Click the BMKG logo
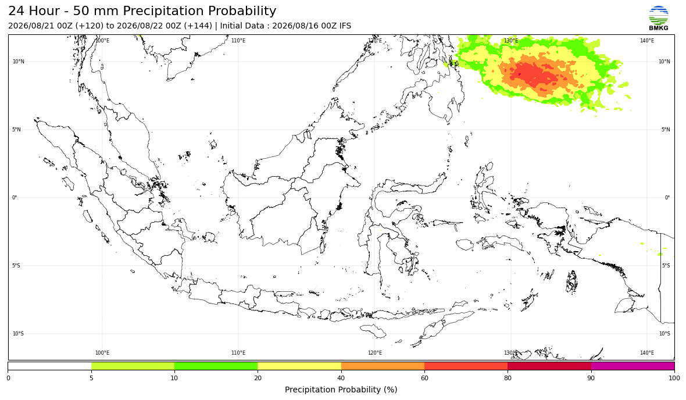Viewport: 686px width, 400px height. tap(659, 19)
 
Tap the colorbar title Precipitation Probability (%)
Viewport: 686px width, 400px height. tap(341, 390)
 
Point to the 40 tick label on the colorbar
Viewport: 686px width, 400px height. tap(341, 378)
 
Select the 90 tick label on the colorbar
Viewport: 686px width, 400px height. tap(591, 378)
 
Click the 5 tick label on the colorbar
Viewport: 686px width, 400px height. tap(91, 378)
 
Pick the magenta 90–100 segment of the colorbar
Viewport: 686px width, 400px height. tap(633, 366)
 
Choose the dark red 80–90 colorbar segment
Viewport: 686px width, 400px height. tap(549, 366)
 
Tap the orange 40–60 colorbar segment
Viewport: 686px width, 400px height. tap(383, 366)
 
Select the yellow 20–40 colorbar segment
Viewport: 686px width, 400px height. tap(299, 366)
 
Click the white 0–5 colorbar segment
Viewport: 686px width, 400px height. tap(49, 366)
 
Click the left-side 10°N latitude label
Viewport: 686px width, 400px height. tap(19, 62)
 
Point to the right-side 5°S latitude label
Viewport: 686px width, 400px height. tap(666, 266)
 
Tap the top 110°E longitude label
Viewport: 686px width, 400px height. tap(238, 41)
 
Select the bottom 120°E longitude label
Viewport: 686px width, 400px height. tap(374, 353)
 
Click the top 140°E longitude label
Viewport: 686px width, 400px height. tap(647, 41)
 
